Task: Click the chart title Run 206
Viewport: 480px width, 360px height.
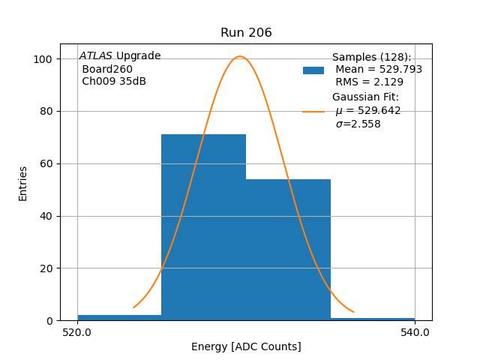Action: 246,33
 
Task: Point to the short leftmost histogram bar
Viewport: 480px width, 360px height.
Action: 119,318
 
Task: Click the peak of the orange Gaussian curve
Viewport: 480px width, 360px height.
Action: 240,56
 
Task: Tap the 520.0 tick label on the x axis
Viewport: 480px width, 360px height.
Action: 77,332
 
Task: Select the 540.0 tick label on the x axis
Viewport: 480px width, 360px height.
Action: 415,332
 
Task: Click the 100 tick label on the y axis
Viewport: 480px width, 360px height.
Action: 43,59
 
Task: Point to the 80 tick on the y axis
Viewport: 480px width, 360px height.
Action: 46,112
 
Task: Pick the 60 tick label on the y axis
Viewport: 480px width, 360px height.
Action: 46,163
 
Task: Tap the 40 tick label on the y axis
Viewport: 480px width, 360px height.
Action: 46,216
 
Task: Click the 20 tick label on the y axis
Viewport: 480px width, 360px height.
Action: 46,268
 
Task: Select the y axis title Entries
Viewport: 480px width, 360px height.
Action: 23,183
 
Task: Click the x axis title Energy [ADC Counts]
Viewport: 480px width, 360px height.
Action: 246,346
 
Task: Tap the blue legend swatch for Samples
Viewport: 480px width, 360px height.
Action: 313,70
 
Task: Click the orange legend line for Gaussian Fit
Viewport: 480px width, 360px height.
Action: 313,111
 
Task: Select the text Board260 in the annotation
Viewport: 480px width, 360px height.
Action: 107,69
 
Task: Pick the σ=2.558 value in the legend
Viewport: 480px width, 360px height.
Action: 358,124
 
